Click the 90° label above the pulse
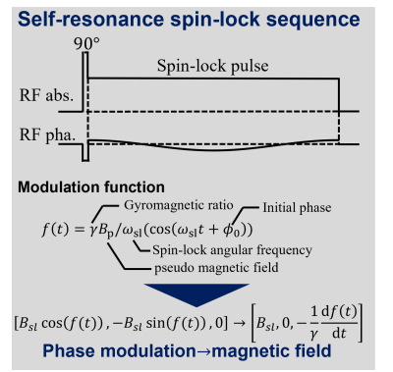point(86,43)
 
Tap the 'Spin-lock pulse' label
point(212,66)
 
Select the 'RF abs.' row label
point(46,95)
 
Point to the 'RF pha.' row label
point(47,134)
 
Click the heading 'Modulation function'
point(91,187)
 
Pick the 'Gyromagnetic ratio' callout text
point(179,205)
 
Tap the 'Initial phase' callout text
point(297,207)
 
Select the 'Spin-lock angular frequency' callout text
point(232,250)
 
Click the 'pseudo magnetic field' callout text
point(216,268)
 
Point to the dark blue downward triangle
point(196,293)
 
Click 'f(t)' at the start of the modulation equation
point(56,229)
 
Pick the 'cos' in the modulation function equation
point(159,230)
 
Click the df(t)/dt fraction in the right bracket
point(339,323)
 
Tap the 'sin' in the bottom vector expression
point(155,323)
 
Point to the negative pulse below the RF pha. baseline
point(85,152)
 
